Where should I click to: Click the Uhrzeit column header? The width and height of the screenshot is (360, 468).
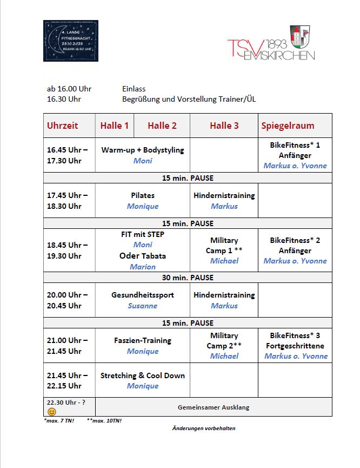click(63, 126)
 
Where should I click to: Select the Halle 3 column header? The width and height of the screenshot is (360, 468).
click(224, 126)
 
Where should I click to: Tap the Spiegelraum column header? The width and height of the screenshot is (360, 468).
click(288, 126)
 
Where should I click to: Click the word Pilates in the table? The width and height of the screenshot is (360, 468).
click(143, 195)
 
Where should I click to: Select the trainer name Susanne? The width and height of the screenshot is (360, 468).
click(143, 306)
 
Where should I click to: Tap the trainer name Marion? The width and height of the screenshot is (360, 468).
click(143, 267)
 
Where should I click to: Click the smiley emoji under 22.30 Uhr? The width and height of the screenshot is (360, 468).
click(52, 412)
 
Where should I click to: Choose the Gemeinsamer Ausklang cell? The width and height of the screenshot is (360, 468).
click(214, 407)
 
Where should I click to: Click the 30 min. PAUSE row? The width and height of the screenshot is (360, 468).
click(188, 278)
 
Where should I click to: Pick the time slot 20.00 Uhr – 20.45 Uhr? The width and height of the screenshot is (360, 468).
click(68, 300)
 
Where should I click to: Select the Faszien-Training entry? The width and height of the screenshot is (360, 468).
click(143, 340)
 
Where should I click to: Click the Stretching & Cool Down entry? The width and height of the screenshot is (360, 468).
click(143, 375)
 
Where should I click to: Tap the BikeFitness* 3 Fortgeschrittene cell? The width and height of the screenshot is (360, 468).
click(295, 341)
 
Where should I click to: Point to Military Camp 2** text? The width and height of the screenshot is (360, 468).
click(224, 341)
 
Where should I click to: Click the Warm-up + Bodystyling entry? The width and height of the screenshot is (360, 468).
click(143, 150)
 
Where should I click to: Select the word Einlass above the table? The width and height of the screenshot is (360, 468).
click(134, 89)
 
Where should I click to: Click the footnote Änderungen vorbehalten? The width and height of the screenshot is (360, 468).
click(204, 428)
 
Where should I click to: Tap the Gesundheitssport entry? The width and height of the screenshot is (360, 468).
click(143, 295)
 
